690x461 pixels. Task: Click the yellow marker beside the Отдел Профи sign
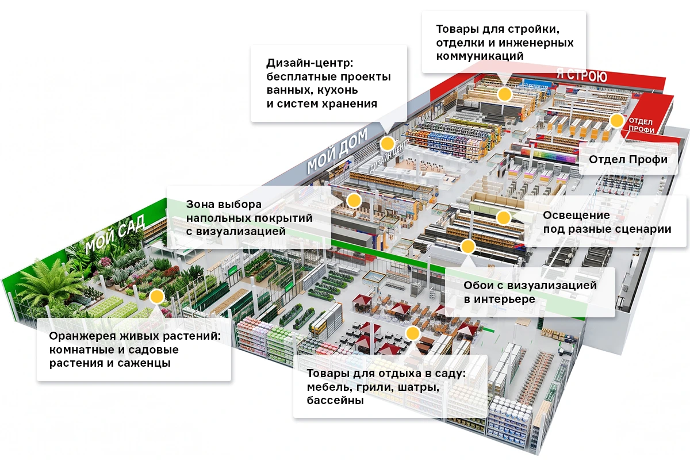(x=616, y=121)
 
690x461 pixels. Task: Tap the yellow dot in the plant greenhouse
(x=157, y=296)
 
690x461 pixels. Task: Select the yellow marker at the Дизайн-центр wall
(x=387, y=144)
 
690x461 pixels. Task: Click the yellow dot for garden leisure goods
(x=412, y=333)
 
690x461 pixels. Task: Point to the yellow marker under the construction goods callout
(x=504, y=94)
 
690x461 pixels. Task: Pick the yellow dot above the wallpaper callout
(x=467, y=247)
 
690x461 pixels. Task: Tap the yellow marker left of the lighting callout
(x=503, y=218)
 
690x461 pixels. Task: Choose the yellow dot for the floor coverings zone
(x=354, y=201)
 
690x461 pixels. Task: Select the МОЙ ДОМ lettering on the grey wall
(x=337, y=151)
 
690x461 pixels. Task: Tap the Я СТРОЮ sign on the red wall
(x=581, y=75)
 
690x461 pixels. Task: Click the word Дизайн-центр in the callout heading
(x=309, y=63)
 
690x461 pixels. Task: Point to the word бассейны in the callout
(x=335, y=400)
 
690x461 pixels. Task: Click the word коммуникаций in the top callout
(x=480, y=56)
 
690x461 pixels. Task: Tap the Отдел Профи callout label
(x=628, y=160)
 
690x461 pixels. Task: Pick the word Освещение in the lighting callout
(x=576, y=215)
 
